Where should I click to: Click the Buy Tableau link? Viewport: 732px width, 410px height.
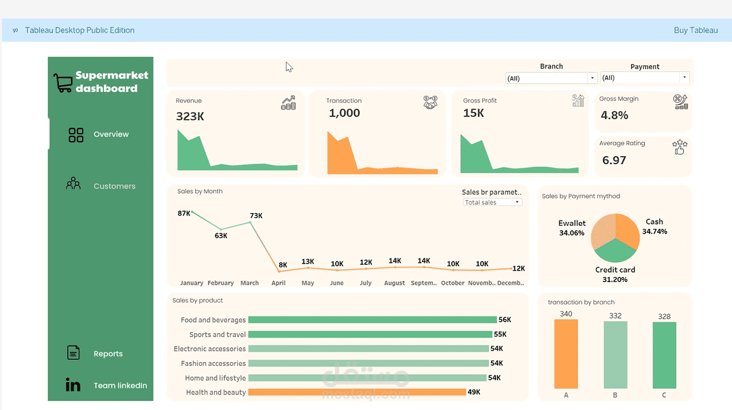[696, 30]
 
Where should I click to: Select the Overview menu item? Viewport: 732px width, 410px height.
[111, 134]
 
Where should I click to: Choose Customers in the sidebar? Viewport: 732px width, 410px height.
[114, 186]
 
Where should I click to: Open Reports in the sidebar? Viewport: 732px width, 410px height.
[108, 354]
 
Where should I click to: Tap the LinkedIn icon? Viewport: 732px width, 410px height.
[73, 384]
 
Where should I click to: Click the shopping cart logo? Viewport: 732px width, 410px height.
[63, 83]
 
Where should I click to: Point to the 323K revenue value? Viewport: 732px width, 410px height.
[190, 116]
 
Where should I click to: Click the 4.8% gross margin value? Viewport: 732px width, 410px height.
[614, 115]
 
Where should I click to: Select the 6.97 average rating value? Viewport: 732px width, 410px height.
[614, 160]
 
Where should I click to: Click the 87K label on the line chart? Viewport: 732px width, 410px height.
[184, 214]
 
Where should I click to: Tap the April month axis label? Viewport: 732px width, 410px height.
[278, 283]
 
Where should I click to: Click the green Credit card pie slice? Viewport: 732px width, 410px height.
[615, 251]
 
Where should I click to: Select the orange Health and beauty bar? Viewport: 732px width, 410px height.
[357, 392]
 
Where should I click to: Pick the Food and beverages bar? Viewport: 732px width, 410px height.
[372, 320]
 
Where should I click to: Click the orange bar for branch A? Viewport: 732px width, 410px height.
[566, 354]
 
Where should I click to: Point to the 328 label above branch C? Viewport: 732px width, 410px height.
[664, 317]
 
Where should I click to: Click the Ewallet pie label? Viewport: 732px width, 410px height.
[572, 223]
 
